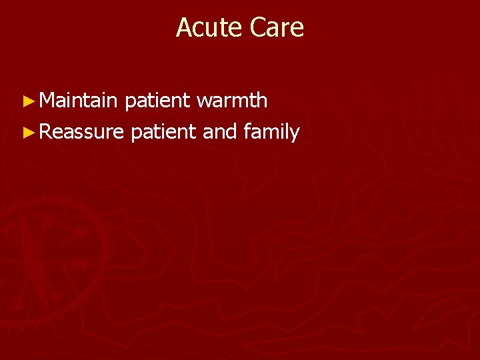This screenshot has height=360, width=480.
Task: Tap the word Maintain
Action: click(x=78, y=101)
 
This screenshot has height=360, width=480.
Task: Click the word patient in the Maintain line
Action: click(x=157, y=101)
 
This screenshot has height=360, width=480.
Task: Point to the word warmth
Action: click(x=232, y=101)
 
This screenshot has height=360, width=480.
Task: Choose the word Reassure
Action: click(x=81, y=132)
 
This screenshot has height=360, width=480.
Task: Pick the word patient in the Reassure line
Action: click(x=164, y=133)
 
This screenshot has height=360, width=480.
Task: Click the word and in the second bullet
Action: click(x=220, y=132)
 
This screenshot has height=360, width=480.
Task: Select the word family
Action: click(x=271, y=133)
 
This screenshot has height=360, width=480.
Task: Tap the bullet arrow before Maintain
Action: click(x=27, y=101)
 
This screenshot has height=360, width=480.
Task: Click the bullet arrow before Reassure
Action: click(x=27, y=133)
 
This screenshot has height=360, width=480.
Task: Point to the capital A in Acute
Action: click(x=183, y=27)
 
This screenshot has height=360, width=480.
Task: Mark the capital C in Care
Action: click(x=257, y=27)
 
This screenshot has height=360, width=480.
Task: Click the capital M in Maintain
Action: click(x=46, y=101)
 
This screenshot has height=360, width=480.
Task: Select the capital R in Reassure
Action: click(x=45, y=132)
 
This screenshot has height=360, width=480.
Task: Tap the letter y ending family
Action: click(x=295, y=134)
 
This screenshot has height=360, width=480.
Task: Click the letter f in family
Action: click(x=247, y=132)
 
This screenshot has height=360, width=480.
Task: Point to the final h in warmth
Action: click(x=262, y=101)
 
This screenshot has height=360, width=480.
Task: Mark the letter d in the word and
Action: click(x=231, y=132)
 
